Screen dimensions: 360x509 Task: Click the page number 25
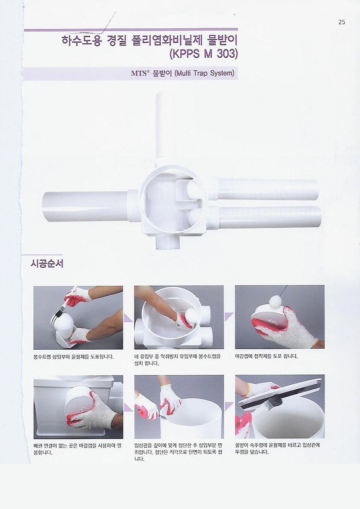[342, 22]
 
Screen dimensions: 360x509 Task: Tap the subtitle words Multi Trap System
[204, 73]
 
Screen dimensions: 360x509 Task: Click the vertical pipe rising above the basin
[166, 126]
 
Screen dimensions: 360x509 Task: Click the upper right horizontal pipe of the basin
[267, 189]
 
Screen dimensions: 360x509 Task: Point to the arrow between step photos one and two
[128, 318]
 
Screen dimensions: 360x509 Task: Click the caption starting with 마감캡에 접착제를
[266, 356]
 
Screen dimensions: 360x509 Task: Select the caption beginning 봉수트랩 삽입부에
[73, 357]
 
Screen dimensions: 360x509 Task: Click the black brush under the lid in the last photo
[271, 404]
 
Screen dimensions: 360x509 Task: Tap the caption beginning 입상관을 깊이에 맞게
[178, 452]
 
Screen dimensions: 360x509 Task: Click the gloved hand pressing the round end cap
[93, 412]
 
